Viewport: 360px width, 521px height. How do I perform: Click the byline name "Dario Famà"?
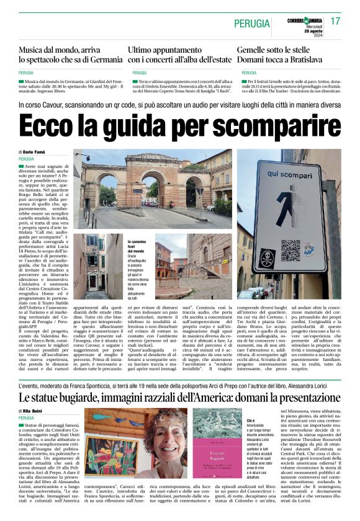[x=37, y=151]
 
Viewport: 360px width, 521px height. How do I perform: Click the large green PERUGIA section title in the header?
[x=252, y=24]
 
